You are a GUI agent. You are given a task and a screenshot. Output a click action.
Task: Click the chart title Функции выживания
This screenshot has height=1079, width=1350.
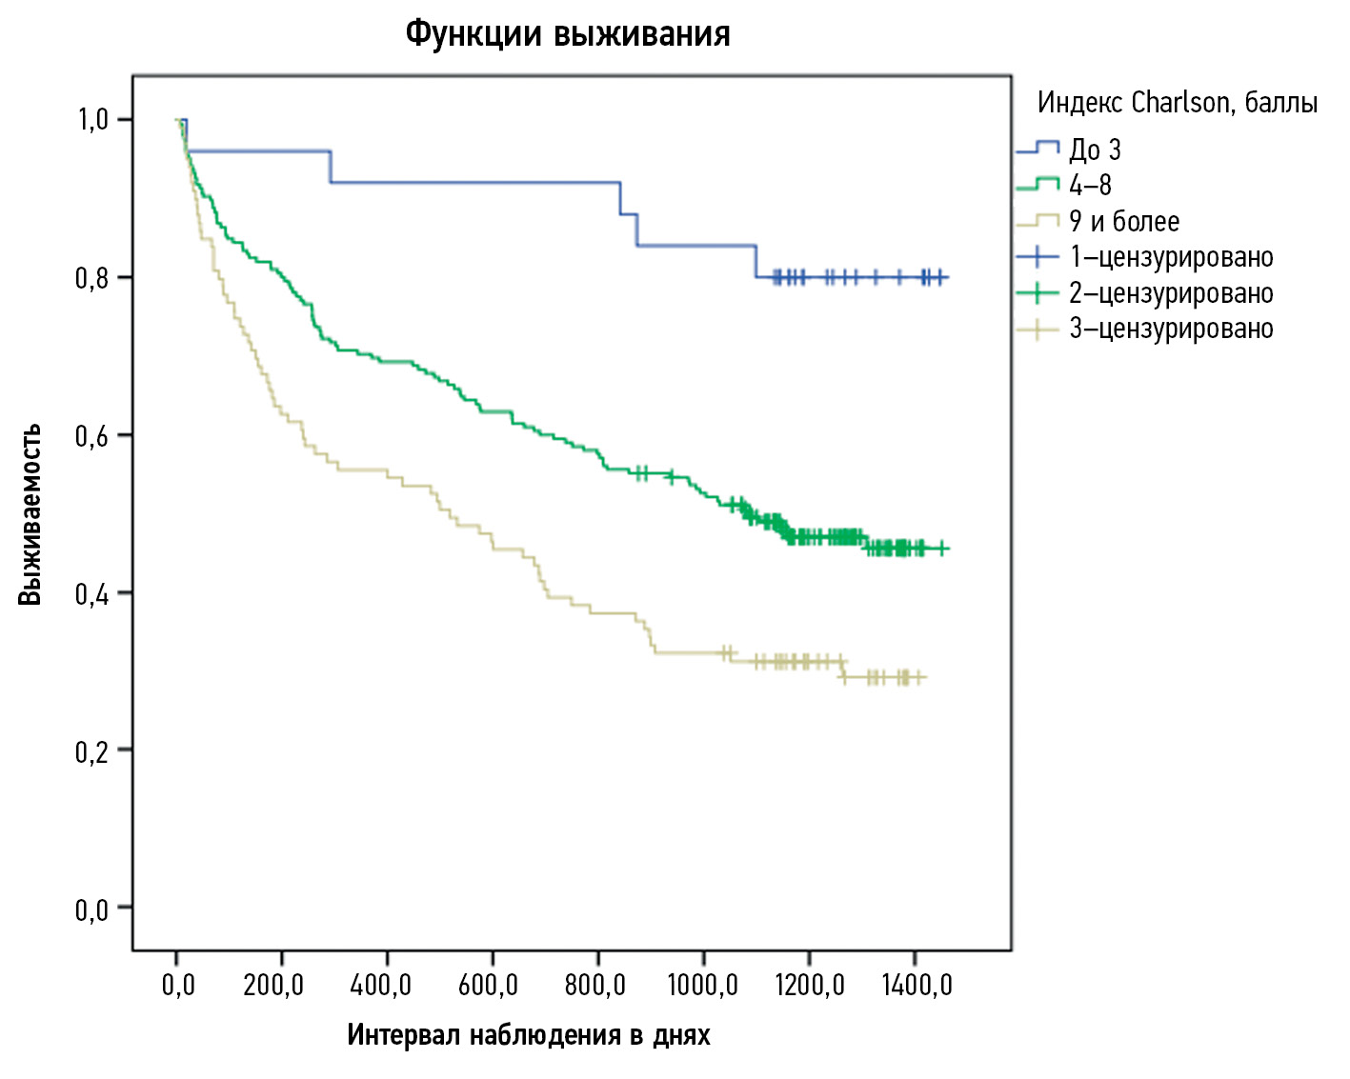[x=568, y=34]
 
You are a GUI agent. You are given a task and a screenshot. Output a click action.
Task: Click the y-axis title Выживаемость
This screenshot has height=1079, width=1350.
[x=30, y=514]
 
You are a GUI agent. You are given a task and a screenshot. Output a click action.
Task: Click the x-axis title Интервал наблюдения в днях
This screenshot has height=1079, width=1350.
[x=528, y=1035]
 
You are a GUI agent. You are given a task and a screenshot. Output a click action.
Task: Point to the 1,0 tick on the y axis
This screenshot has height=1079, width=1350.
[x=92, y=120]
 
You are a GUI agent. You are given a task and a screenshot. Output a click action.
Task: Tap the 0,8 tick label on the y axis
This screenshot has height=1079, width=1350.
[x=92, y=278]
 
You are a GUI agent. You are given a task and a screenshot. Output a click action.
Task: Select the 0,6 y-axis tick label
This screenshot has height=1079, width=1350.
[x=92, y=436]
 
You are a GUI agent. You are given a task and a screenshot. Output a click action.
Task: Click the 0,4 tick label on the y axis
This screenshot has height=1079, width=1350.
[x=92, y=594]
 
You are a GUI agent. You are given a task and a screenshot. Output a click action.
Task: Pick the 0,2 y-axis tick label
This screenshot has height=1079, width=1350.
[x=92, y=751]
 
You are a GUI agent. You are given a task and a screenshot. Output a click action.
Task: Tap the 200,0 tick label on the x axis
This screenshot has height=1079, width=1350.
[x=273, y=985]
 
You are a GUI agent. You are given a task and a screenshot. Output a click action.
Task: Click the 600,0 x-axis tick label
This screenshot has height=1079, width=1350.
[x=488, y=985]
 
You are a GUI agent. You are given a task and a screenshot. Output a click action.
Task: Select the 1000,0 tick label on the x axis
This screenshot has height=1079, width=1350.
[x=702, y=985]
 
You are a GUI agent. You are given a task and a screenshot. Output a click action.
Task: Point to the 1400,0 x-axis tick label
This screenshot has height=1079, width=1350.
[x=917, y=985]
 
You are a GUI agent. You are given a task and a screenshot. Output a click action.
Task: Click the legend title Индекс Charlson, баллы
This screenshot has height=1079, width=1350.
[x=1178, y=102]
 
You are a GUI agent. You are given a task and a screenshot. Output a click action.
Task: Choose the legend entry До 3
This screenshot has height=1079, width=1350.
[x=1095, y=150]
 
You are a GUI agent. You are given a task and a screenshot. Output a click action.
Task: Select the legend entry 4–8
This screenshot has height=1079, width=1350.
[x=1090, y=185]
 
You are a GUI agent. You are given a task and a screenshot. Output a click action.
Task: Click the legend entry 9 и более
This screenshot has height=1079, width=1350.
[x=1124, y=221]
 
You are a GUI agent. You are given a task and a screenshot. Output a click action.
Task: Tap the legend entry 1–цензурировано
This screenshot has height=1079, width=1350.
[x=1171, y=257]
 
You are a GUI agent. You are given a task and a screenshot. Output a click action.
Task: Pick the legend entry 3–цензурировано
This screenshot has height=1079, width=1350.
[x=1171, y=329]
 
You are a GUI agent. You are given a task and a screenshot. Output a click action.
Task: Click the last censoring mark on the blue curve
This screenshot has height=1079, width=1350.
[x=940, y=277]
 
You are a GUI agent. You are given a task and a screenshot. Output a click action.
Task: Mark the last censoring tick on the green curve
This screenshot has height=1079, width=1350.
[x=941, y=549]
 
